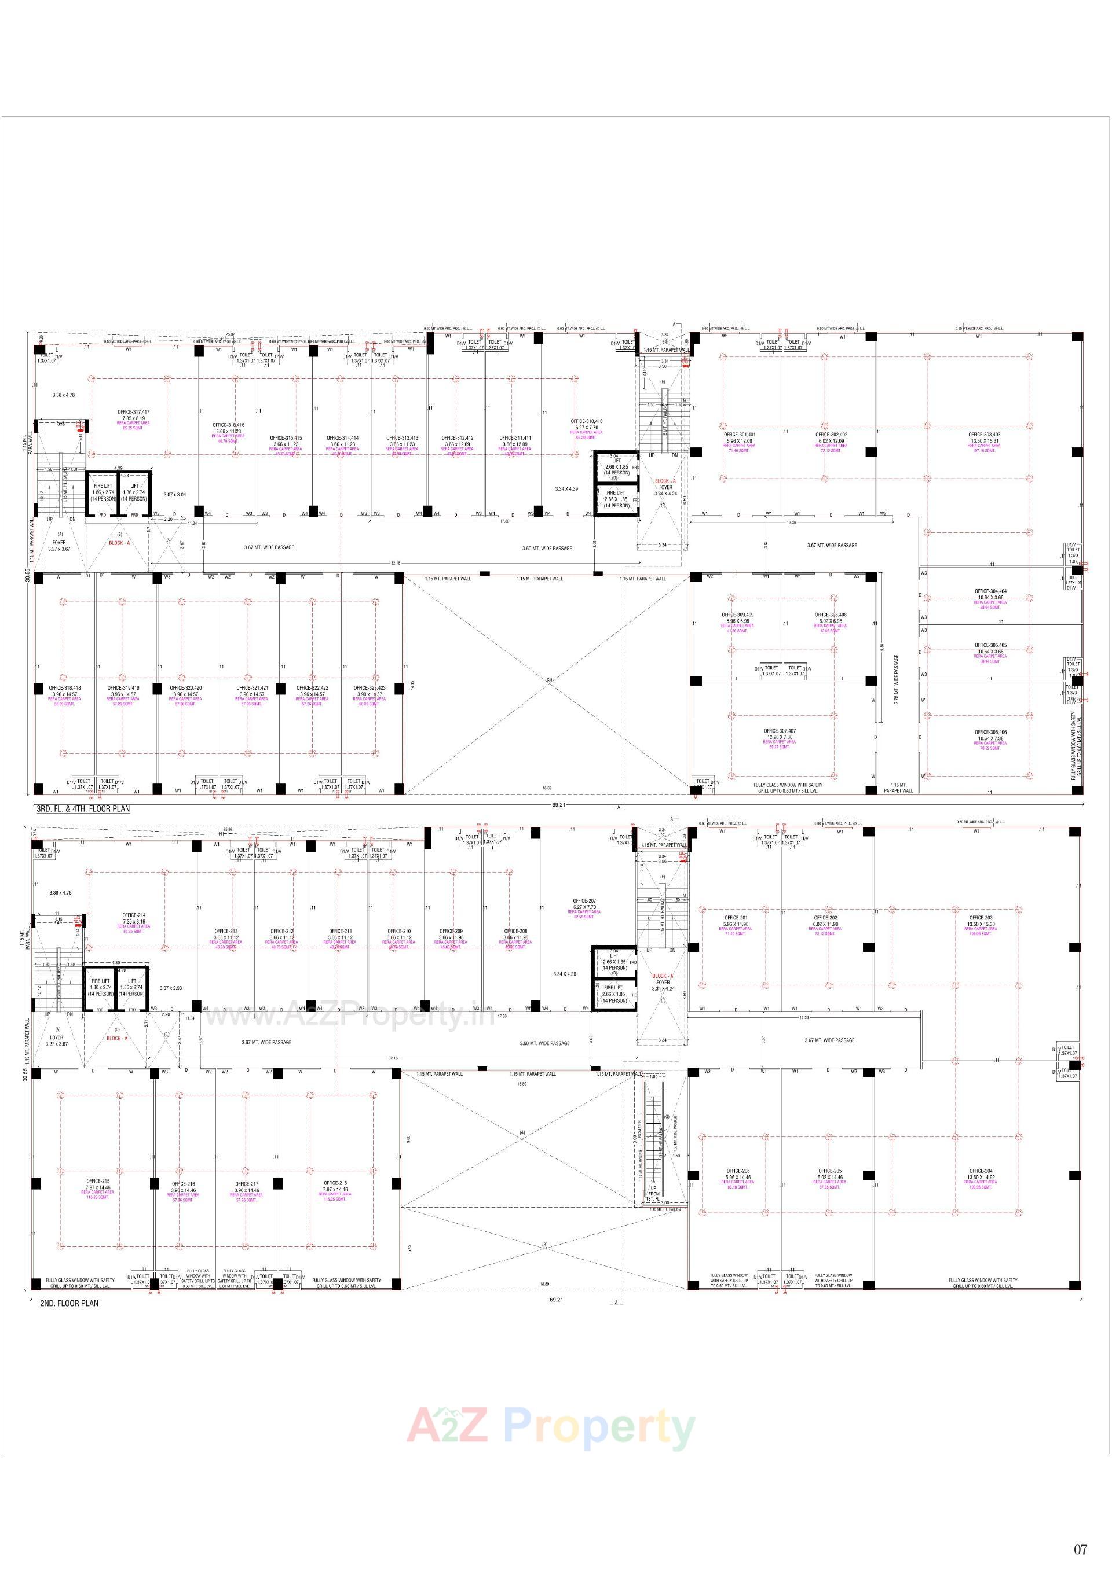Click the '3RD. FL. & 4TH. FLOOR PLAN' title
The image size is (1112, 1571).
click(x=83, y=809)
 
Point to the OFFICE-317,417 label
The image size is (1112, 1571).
click(x=134, y=412)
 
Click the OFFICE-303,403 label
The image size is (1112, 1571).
click(x=984, y=435)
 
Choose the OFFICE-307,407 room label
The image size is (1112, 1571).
click(x=779, y=731)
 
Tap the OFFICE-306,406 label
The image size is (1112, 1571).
click(x=990, y=732)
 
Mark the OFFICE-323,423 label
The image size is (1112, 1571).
click(x=369, y=687)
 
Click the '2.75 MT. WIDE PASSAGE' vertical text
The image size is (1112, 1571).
click(x=897, y=679)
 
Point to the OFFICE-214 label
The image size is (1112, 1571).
click(x=134, y=915)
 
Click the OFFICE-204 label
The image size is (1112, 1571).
click(x=981, y=1171)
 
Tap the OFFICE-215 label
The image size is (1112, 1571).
click(x=97, y=1181)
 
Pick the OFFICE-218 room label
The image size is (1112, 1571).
click(x=335, y=1182)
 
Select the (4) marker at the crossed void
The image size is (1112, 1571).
click(x=522, y=1133)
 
